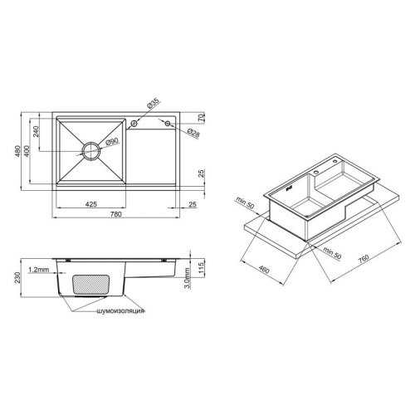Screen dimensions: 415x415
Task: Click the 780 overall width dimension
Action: [x=119, y=215]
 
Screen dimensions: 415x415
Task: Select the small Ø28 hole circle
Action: [x=168, y=123]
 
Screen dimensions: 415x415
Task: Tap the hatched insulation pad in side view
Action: [x=90, y=282]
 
